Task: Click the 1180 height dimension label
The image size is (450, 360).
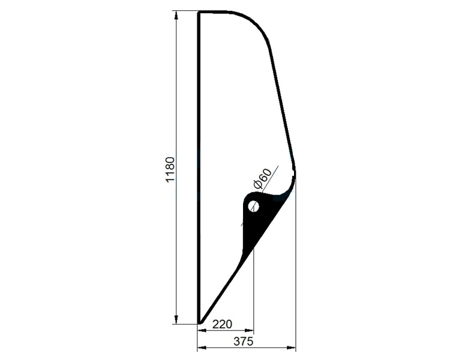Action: pyautogui.click(x=170, y=169)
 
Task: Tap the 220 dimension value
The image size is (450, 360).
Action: pyautogui.click(x=222, y=324)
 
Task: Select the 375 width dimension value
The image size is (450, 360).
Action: pyautogui.click(x=244, y=341)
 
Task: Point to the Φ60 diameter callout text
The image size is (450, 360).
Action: pyautogui.click(x=261, y=179)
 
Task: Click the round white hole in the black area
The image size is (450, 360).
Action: pyautogui.click(x=253, y=206)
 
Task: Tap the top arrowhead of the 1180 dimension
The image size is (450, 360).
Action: pyautogui.click(x=176, y=15)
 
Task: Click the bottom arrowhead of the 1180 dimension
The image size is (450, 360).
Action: pyautogui.click(x=176, y=320)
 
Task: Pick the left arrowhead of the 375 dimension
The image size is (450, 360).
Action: pyautogui.click(x=202, y=348)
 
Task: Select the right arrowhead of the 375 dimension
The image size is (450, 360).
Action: pyautogui.click(x=292, y=348)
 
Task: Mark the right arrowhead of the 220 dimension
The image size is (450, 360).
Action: pyautogui.click(x=250, y=331)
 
